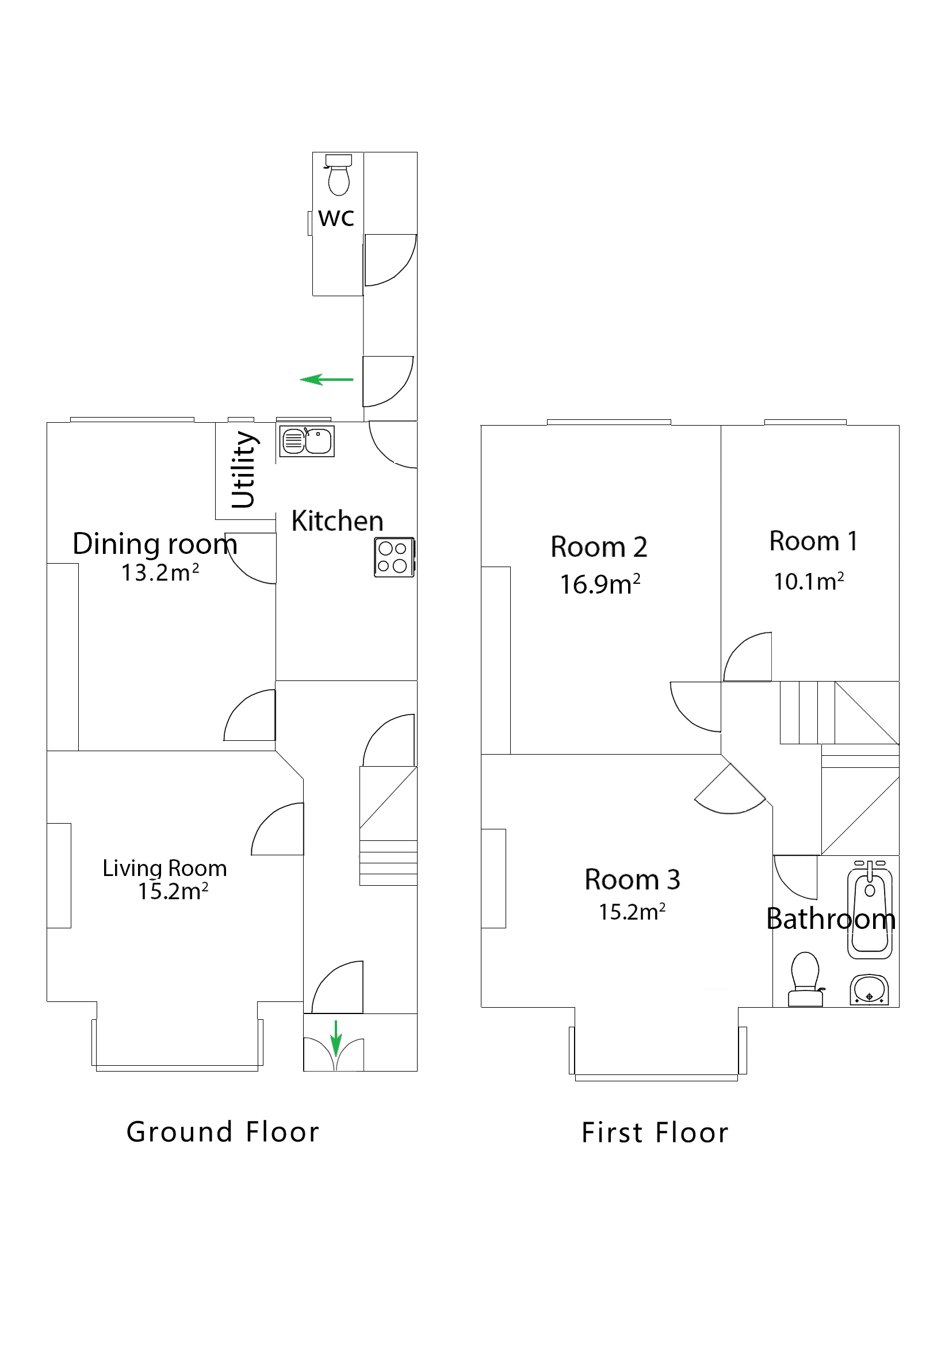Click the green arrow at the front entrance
click(335, 1038)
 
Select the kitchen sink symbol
click(307, 441)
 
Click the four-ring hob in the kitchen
click(393, 557)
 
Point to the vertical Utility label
click(243, 470)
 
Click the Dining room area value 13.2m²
click(160, 572)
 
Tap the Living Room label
click(164, 869)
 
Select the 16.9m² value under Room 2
click(600, 584)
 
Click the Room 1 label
click(813, 541)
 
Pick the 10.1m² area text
click(808, 582)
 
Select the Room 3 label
click(632, 879)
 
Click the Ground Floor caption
click(223, 1132)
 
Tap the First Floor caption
click(655, 1133)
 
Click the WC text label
click(336, 218)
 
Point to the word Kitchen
click(337, 521)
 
